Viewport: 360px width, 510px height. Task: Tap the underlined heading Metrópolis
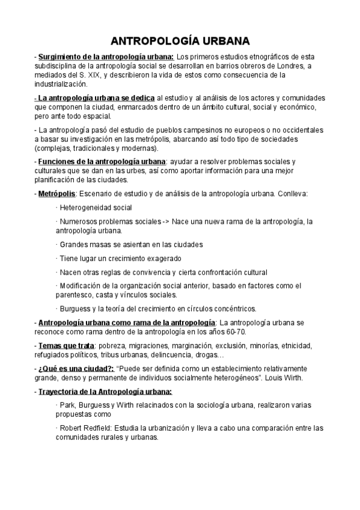(x=56, y=194)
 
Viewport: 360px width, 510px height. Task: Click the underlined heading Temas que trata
(x=66, y=346)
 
